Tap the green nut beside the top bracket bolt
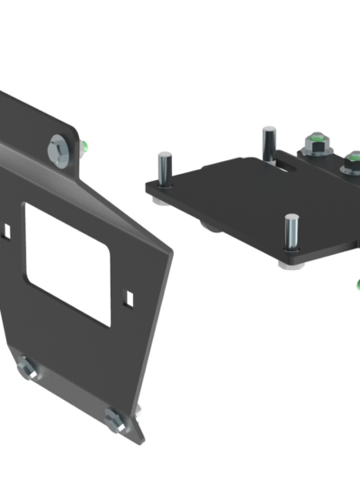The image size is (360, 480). (84, 145)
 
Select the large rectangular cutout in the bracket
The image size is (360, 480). (67, 261)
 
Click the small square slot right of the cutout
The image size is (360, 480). (131, 294)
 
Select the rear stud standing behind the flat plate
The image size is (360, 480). (267, 142)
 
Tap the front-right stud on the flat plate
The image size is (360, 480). (291, 231)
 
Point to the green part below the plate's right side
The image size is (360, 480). (356, 285)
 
